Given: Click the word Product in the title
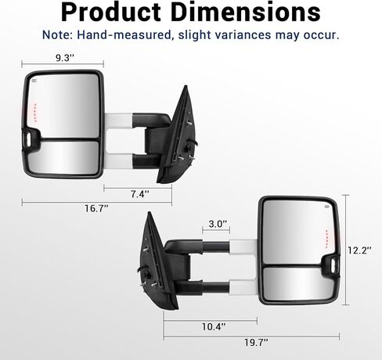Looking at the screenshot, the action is tap(111, 13).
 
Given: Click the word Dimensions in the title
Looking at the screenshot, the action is tap(246, 12).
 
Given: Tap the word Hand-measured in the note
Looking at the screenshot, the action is tap(124, 34).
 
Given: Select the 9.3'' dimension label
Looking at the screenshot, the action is tap(65, 58).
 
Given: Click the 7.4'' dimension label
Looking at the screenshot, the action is tap(140, 194).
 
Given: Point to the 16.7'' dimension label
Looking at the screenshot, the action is tap(96, 208).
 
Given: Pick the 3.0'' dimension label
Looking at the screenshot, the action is tap(218, 224).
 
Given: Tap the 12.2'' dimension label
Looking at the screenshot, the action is tap(359, 250).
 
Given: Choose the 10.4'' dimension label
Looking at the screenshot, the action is tap(214, 326).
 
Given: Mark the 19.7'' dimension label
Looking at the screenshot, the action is tap(256, 342).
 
